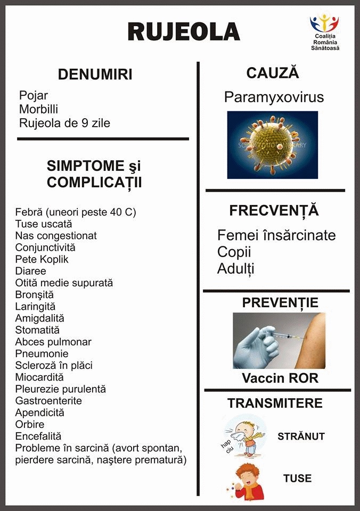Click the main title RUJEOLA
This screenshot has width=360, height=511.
(184, 31)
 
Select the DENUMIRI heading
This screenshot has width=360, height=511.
(95, 75)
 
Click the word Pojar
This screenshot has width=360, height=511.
(34, 96)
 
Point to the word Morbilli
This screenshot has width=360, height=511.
(39, 109)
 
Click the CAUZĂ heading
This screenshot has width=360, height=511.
(272, 73)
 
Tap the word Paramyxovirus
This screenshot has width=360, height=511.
(274, 97)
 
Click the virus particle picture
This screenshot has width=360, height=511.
(272, 145)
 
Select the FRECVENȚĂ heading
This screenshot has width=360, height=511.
(274, 210)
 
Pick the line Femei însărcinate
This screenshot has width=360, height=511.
(276, 235)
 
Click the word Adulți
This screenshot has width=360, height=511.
(235, 269)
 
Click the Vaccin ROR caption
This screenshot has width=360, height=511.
(280, 378)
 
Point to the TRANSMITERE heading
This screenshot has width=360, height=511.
(275, 403)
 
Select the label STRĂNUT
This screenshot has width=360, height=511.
(301, 436)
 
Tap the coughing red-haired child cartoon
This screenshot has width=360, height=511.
(244, 481)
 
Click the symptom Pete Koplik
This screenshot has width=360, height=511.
(42, 260)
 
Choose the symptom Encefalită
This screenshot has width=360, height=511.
(38, 436)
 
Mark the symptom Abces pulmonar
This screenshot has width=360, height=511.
(53, 342)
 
